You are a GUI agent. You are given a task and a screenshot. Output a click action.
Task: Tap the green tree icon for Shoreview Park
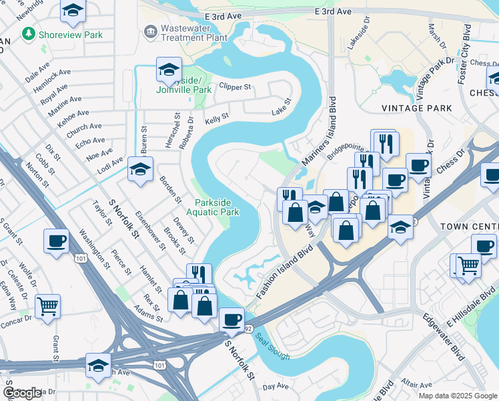pyautogui.click(x=28, y=33)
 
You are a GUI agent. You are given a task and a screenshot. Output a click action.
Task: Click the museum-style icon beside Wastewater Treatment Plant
pyautogui.click(x=149, y=31)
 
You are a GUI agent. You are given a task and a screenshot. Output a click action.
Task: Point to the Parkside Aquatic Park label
pyautogui.click(x=217, y=207)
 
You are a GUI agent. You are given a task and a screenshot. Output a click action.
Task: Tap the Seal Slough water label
pyautogui.click(x=273, y=347)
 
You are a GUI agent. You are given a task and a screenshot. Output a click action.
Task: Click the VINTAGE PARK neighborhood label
pyautogui.click(x=412, y=108)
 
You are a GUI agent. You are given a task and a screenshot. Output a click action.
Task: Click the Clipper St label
pyautogui.click(x=235, y=87)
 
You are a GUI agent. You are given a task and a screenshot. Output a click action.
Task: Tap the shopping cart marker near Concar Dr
pyautogui.click(x=47, y=307)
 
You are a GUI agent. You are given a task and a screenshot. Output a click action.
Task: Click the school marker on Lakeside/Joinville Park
pyautogui.click(x=169, y=70)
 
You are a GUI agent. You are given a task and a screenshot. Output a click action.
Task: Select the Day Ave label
pyautogui.click(x=276, y=386)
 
